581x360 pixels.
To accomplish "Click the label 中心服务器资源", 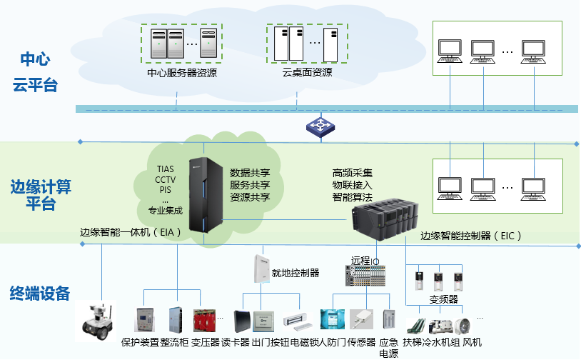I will [x=181, y=72].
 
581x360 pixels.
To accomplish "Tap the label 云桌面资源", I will [x=307, y=72].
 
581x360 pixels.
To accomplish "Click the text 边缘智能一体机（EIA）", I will [x=131, y=232].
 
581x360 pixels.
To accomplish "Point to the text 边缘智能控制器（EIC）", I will [x=471, y=235].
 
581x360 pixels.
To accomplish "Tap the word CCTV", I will [x=165, y=179].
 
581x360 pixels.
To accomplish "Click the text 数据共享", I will [x=250, y=172].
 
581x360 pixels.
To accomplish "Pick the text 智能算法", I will [x=352, y=196].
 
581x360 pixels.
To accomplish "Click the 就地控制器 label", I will [x=295, y=272].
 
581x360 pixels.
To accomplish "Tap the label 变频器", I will [x=443, y=300].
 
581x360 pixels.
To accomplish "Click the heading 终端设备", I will [x=40, y=293].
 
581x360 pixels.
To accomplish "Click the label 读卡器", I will [x=235, y=342].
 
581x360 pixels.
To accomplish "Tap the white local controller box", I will [x=258, y=269].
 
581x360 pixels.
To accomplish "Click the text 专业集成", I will [x=165, y=211].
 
